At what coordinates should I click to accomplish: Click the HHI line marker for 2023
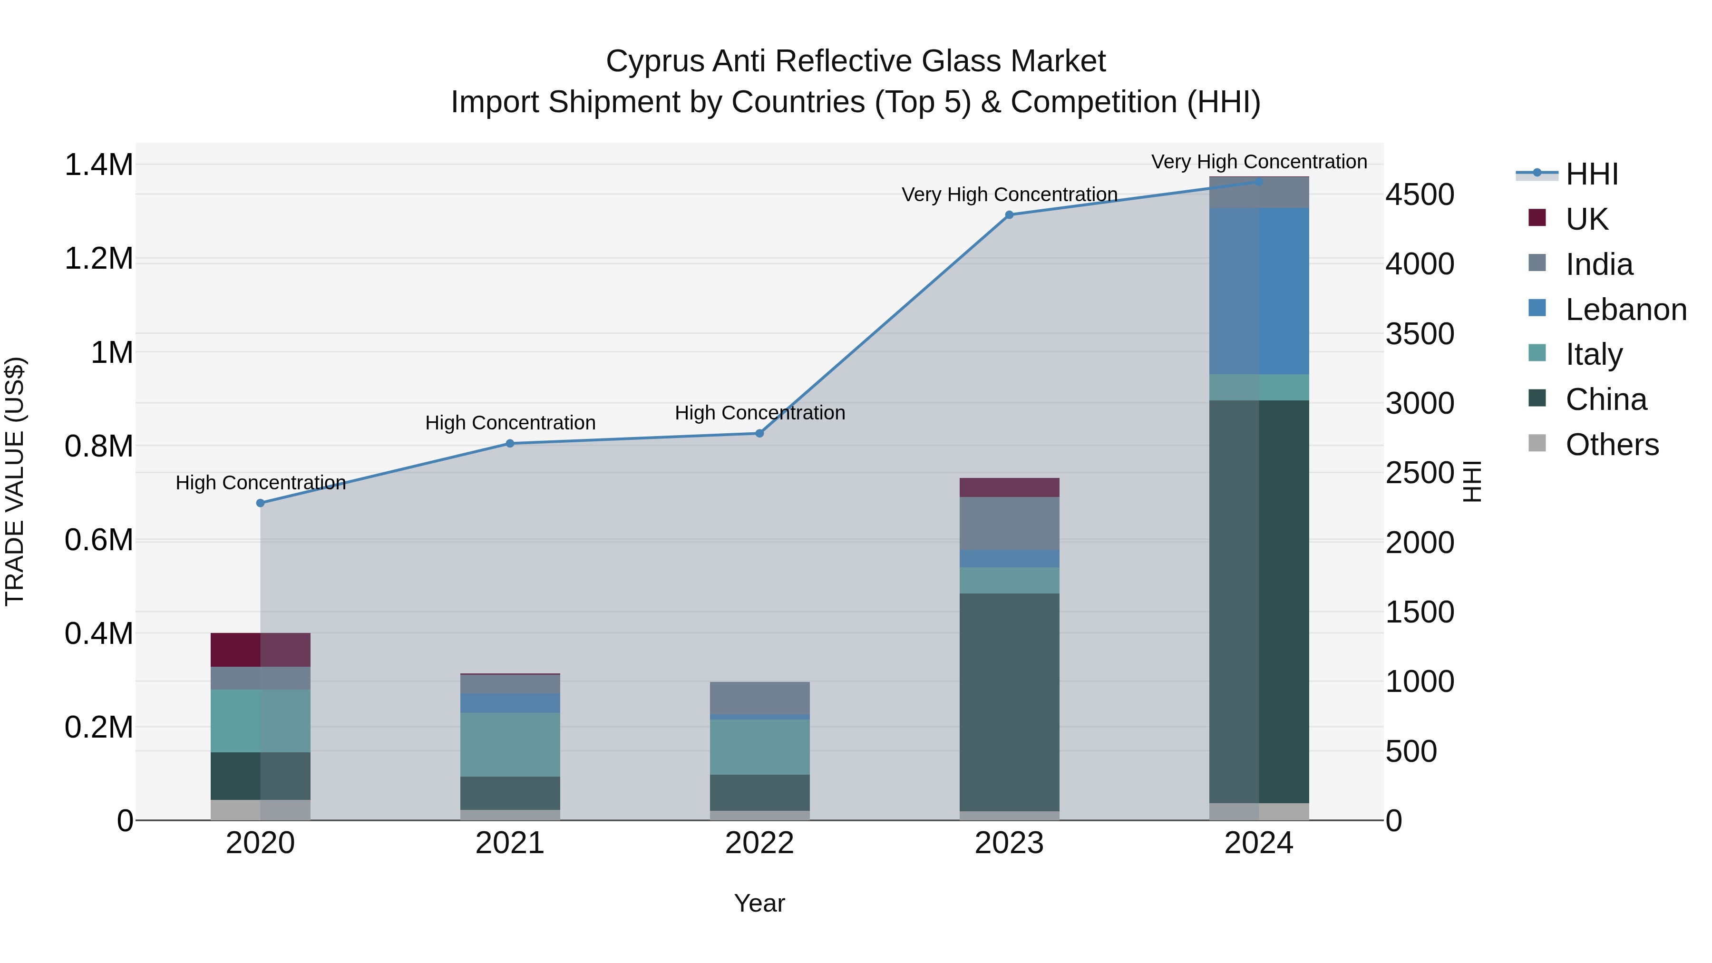(1009, 214)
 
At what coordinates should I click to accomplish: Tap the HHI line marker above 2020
(261, 503)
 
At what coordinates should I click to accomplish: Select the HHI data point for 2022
(759, 433)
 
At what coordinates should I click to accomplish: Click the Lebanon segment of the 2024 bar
(1259, 291)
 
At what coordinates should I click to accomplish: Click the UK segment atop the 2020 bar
(261, 649)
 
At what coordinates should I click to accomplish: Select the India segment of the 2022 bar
(759, 698)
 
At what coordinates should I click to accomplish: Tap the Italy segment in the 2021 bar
(510, 744)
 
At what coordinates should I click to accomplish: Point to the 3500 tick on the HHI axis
(1420, 334)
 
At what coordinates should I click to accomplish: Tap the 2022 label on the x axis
(759, 843)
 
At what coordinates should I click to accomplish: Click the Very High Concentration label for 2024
(1259, 162)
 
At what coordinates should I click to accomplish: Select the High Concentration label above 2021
(510, 423)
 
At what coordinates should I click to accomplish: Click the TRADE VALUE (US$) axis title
(15, 481)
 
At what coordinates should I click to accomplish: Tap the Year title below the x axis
(759, 903)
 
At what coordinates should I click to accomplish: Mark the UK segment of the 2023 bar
(1009, 487)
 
